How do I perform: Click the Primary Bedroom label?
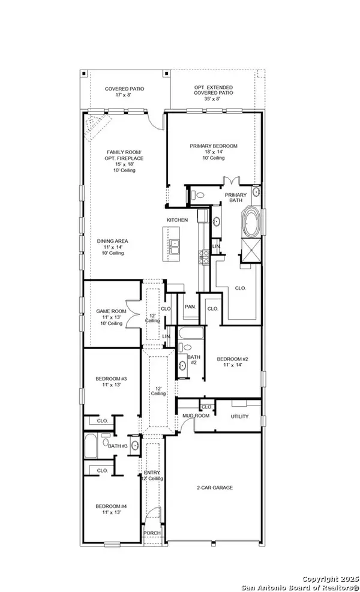(214, 146)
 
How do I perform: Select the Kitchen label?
(178, 220)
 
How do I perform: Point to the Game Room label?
(112, 311)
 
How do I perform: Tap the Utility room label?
(240, 416)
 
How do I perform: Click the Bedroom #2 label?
(232, 359)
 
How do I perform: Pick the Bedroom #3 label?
(112, 378)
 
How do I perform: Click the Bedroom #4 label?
(112, 507)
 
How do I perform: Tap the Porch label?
(151, 533)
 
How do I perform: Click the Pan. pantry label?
(191, 306)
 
